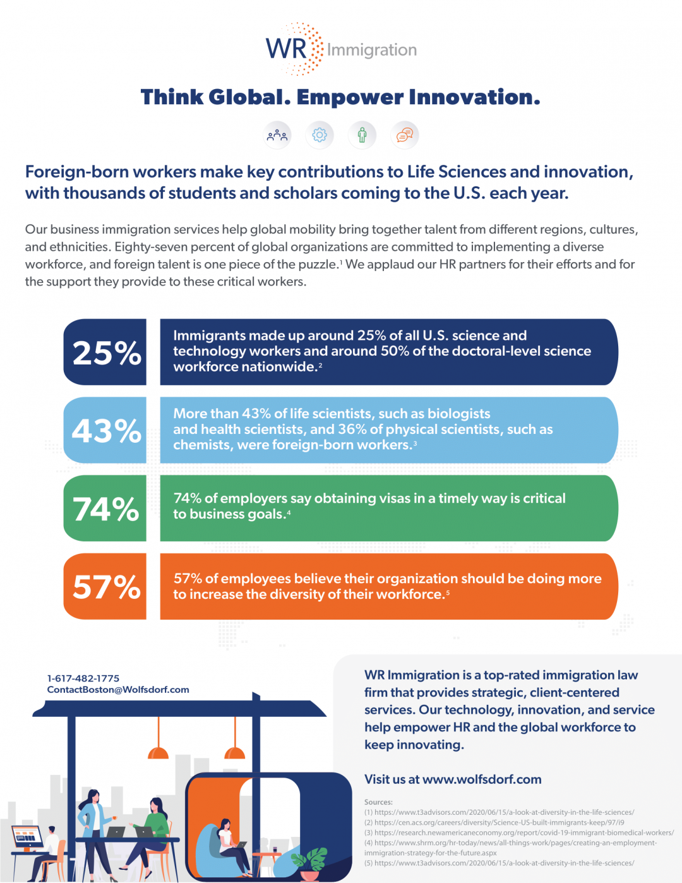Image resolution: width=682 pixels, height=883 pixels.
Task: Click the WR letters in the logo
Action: coord(285,49)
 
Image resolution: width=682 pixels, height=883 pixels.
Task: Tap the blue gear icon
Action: coord(320,135)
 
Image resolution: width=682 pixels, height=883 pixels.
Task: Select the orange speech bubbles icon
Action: coord(404,135)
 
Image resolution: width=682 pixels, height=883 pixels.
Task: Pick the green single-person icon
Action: coord(362,135)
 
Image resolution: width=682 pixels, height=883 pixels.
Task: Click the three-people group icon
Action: coord(277,135)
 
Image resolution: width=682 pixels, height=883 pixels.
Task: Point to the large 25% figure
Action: coord(106,353)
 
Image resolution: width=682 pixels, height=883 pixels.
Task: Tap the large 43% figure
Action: coord(106,431)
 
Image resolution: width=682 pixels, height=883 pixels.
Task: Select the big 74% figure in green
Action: coord(106,509)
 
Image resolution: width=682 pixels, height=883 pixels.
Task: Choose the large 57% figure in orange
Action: coord(106,587)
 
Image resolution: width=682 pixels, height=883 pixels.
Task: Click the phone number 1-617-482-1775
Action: coord(83,678)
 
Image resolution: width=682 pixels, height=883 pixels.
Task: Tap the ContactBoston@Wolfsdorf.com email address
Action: coord(118,690)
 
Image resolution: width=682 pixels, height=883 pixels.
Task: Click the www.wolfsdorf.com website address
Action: coord(482,779)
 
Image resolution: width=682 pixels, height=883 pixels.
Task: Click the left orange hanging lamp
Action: coord(158,752)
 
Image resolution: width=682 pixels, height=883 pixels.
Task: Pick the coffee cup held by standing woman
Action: coord(114,818)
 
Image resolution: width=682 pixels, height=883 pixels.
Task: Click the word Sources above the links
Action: coord(378,802)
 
